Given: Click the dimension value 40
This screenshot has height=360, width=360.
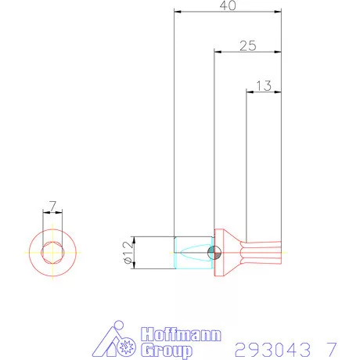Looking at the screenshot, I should click(x=228, y=5).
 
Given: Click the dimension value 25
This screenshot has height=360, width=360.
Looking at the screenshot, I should click(x=247, y=46).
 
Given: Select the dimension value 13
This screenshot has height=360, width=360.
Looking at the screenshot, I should click(x=263, y=86).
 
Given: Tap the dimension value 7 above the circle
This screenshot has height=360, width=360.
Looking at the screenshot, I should click(x=52, y=206).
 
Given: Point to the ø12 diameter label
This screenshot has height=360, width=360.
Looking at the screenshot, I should click(x=126, y=252).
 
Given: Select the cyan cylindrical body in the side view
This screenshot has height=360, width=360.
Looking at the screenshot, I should click(x=192, y=253).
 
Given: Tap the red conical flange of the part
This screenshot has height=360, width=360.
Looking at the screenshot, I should click(x=228, y=252).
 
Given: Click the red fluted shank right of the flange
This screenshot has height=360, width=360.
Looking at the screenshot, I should click(x=262, y=252).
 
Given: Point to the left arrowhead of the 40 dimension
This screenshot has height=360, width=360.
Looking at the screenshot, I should click(x=177, y=13).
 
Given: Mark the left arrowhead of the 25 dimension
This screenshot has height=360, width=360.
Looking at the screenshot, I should click(x=218, y=53).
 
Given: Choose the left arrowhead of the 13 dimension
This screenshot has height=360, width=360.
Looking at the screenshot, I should click(x=250, y=93).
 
